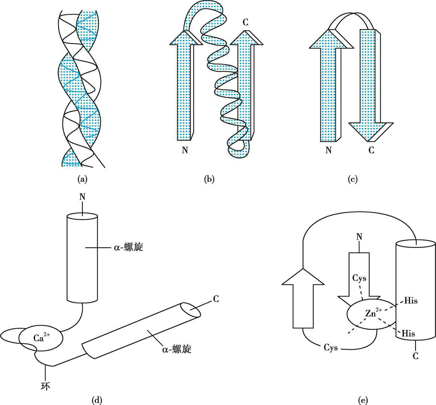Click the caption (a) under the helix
point(83,179)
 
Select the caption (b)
point(209,179)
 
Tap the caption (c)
point(353,179)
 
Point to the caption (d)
point(97,400)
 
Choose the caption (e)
point(363,400)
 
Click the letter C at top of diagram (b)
point(246,22)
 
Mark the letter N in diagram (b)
point(185,150)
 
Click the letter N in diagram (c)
point(329,150)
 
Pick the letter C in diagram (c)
point(371,150)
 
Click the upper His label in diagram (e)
point(411,301)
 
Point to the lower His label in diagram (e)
point(408,334)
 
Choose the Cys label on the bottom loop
point(331,348)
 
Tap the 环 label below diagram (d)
point(45,386)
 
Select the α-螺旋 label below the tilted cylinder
point(177,349)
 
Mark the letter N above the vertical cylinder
point(82,197)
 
